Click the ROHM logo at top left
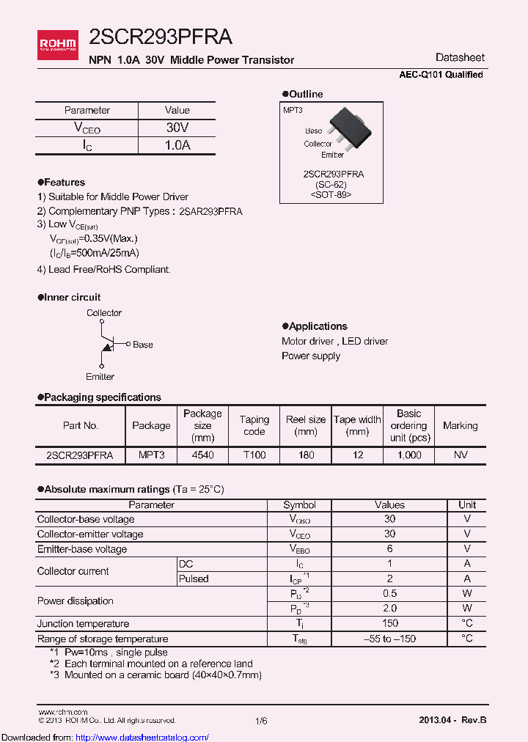click(x=57, y=43)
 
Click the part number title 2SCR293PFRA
click(x=161, y=37)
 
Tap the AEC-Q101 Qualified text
click(x=441, y=75)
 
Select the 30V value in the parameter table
click(x=177, y=128)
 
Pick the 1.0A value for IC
click(x=177, y=145)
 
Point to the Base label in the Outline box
click(x=313, y=131)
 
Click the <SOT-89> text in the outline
click(x=331, y=195)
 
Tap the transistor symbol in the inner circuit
click(x=106, y=345)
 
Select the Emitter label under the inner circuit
click(x=100, y=377)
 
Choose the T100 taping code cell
click(x=254, y=455)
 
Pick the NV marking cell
click(x=460, y=455)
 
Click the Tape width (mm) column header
click(x=357, y=425)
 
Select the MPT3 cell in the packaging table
click(x=152, y=455)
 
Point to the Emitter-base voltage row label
click(x=82, y=549)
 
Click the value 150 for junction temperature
click(x=389, y=623)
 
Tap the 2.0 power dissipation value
click(x=389, y=608)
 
